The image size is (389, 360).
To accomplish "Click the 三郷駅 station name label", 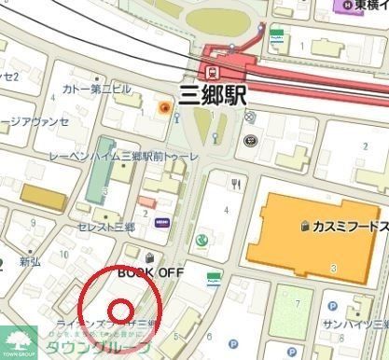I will [212, 93].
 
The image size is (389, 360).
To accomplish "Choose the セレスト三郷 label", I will [104, 226].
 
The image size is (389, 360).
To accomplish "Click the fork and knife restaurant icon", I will [236, 184].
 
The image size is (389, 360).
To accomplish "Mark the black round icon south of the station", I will [250, 141].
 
